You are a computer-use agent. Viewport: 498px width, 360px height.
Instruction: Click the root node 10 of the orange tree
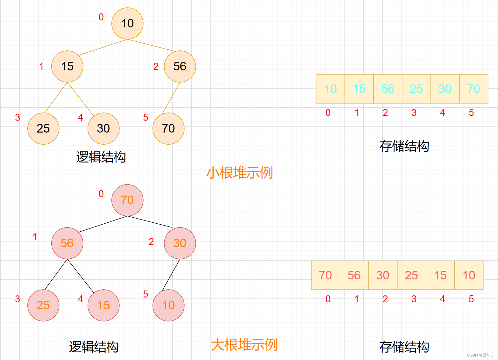click(x=127, y=24)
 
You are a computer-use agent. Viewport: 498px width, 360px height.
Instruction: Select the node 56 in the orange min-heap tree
click(x=180, y=66)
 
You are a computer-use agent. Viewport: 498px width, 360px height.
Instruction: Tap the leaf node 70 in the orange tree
click(x=168, y=128)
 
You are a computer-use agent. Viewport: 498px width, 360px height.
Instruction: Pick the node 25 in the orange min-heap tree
click(x=43, y=128)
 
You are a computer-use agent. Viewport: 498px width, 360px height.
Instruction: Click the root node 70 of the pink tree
click(x=127, y=200)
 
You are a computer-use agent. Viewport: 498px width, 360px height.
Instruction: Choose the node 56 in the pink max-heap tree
click(x=67, y=243)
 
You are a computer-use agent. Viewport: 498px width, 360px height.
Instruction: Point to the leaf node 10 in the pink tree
click(x=168, y=305)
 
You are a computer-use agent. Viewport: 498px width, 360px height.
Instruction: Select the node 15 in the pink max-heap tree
click(x=103, y=305)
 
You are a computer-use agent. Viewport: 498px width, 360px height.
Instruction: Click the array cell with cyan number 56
click(x=388, y=89)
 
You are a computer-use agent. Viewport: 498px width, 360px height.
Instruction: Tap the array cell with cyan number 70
click(x=473, y=89)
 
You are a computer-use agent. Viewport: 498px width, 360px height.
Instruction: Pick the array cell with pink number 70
click(x=325, y=275)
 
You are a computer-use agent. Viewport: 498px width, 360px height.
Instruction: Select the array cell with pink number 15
click(x=440, y=275)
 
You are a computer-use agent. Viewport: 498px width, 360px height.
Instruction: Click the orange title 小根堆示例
click(x=240, y=173)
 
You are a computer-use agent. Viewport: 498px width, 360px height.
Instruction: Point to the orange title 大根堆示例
click(x=244, y=345)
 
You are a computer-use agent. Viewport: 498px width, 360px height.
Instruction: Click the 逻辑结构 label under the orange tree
click(x=101, y=157)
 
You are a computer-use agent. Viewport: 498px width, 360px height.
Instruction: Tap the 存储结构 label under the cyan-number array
click(x=404, y=146)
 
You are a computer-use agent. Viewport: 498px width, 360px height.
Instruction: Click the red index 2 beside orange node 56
click(x=156, y=66)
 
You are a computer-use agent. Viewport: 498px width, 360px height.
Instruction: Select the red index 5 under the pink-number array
click(x=471, y=299)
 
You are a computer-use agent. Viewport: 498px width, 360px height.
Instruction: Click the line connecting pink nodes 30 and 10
click(x=171, y=275)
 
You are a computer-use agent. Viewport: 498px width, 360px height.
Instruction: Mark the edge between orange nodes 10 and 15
click(x=103, y=47)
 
